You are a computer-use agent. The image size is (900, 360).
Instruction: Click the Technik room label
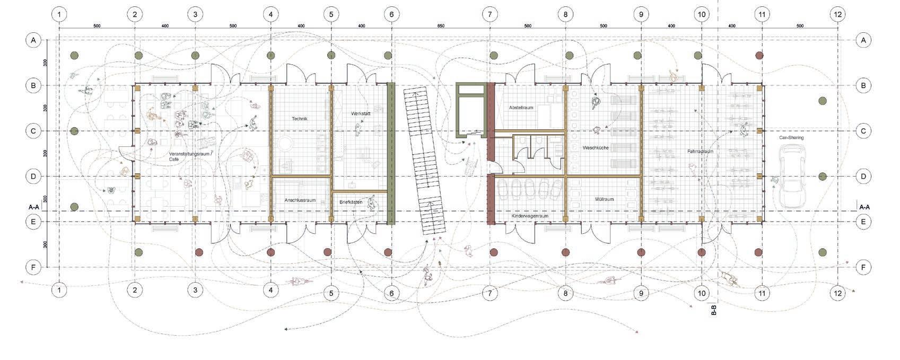coord(300,119)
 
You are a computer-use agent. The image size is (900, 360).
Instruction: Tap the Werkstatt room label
coord(361,114)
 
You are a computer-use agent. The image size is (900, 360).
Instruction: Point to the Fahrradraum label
coord(700,151)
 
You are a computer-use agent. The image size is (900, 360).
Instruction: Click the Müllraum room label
coord(604,199)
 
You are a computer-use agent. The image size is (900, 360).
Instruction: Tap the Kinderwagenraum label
coord(530,216)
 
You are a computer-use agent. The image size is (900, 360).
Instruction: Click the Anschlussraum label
coord(300,200)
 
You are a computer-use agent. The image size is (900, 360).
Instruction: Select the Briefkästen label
coord(351,202)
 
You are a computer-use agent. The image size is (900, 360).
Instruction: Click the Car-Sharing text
coord(791,137)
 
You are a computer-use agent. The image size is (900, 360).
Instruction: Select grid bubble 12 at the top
coord(837,14)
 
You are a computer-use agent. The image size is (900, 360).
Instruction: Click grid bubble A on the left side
coord(33,40)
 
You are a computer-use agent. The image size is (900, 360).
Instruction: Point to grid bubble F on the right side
coord(863,268)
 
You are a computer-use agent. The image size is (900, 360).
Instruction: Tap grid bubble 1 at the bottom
coord(59,290)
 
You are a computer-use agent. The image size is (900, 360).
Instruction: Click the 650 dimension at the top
coord(441,25)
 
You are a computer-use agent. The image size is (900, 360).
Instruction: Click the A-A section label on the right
coord(864,207)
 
